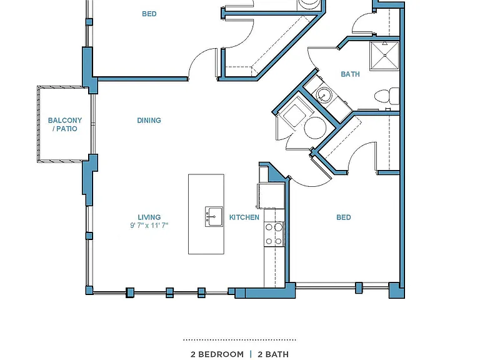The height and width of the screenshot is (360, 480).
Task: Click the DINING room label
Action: (149, 120)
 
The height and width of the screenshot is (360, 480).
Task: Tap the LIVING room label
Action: (149, 217)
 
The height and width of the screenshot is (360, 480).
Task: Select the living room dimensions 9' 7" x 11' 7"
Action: (149, 226)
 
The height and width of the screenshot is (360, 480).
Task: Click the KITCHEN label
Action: (244, 217)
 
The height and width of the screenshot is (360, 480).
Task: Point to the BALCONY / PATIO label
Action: (65, 124)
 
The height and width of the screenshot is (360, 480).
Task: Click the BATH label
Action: (350, 74)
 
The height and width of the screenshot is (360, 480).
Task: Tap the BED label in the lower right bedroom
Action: (344, 217)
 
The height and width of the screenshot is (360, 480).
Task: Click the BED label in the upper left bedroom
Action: (149, 14)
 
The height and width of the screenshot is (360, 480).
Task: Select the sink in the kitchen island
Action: (214, 217)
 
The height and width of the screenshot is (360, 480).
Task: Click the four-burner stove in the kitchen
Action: (274, 234)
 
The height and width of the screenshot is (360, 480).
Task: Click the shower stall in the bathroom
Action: (384, 56)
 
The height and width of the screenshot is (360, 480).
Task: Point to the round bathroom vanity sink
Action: (323, 95)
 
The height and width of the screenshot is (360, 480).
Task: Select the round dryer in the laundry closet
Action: (315, 127)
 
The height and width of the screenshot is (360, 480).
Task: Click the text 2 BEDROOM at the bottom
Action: (217, 354)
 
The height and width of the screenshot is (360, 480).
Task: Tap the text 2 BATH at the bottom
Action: (273, 354)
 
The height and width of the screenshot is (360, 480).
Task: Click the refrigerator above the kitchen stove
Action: (271, 196)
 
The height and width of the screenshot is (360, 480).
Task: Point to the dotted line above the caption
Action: (239, 340)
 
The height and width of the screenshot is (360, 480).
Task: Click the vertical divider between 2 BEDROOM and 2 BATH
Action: (251, 354)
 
